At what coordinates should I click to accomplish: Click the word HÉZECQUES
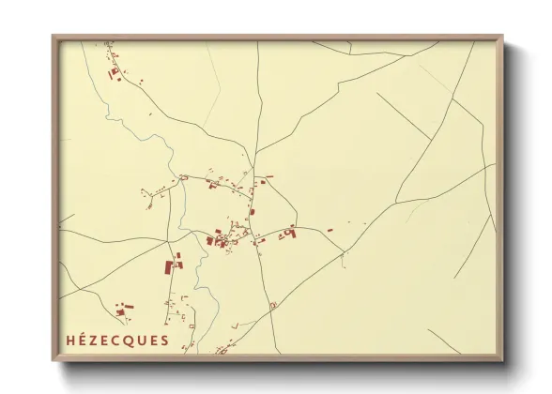[117, 341]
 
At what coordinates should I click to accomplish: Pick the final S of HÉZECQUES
[164, 341]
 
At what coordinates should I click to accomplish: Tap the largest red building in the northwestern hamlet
[115, 71]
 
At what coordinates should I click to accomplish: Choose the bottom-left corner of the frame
[54, 360]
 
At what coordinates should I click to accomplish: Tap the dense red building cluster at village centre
[220, 240]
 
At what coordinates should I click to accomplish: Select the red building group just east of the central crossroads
[287, 232]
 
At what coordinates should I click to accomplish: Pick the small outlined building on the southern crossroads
[272, 306]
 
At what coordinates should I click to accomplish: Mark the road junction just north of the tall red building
[172, 234]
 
